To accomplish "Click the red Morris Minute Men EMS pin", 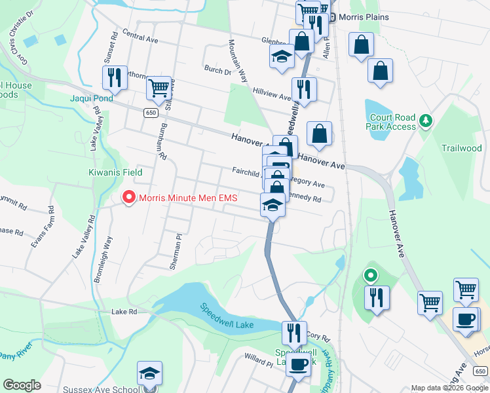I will tap(129, 196).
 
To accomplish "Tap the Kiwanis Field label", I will tap(115, 172).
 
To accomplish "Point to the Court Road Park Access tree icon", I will tap(426, 121).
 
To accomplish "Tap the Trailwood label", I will tap(461, 148).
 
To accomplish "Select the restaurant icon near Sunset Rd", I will tap(114, 77).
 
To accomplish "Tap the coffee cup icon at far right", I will tap(466, 319).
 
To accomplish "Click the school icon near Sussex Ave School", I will tap(149, 373).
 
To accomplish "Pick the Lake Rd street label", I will tap(123, 312).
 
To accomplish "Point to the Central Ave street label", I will tap(140, 39).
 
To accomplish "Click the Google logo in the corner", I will tap(22, 385).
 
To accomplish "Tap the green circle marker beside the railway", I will tap(371, 276).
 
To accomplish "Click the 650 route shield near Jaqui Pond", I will tap(151, 113).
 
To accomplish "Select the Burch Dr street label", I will tap(217, 70).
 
